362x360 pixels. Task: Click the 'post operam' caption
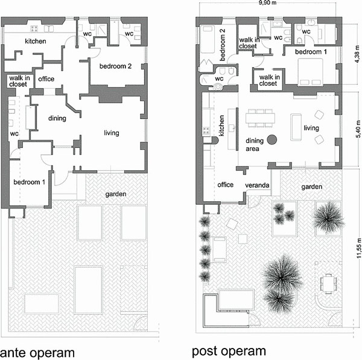[229, 351]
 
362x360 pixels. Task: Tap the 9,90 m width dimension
[267, 4]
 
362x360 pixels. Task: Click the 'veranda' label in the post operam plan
[256, 185]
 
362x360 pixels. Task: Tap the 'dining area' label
[256, 144]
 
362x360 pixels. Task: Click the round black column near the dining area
[272, 140]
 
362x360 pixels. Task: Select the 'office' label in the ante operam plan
[46, 79]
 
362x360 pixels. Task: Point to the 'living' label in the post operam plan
[311, 128]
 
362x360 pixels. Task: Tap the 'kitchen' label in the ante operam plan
[35, 41]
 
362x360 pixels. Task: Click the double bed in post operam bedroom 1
[311, 74]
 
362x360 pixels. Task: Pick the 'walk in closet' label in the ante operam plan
[17, 81]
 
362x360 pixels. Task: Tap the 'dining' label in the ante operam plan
[57, 118]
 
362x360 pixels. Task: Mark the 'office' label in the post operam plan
[225, 185]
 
